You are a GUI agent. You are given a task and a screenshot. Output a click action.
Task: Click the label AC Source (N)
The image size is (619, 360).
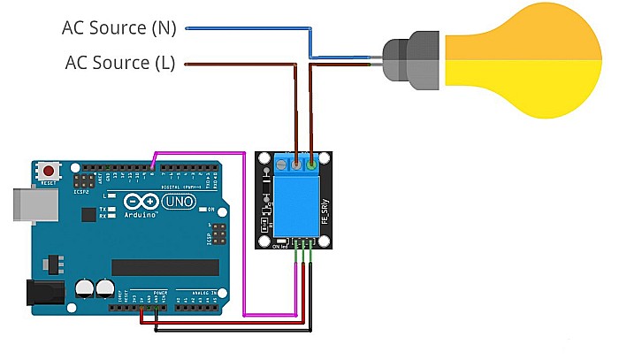point(118,28)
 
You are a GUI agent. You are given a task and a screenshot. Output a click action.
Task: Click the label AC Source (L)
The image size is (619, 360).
point(120,63)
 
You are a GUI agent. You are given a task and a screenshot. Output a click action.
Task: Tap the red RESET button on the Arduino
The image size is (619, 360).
point(50,170)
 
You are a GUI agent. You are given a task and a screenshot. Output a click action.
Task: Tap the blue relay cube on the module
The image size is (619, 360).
point(296,203)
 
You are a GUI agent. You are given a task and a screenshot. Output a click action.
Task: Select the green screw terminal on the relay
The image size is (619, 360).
point(311,163)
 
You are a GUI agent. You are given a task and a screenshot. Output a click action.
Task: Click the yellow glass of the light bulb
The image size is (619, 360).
point(522,60)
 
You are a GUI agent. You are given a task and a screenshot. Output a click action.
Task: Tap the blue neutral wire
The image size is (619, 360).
point(248,28)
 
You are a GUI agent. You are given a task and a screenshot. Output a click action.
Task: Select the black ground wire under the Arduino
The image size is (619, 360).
point(230,332)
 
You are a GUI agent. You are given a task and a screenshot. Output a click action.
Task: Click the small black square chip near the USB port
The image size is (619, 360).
point(88,214)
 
